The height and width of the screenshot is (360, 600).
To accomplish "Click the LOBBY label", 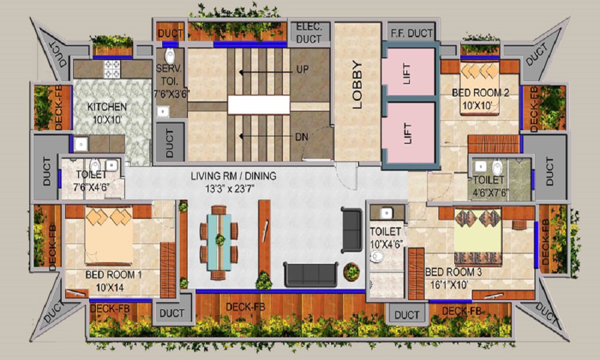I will pos(358,85).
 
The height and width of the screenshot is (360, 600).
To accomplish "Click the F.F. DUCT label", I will pos(412,33).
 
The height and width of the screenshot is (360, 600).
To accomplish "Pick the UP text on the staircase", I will pos(302,70).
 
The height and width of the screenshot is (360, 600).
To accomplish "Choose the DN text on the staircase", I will pos(302,137).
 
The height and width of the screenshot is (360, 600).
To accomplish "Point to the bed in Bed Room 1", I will pos(108,236).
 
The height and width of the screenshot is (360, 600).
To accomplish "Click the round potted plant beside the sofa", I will pos(352,271).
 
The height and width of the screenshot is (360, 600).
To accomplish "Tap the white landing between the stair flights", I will pos(259,105).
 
